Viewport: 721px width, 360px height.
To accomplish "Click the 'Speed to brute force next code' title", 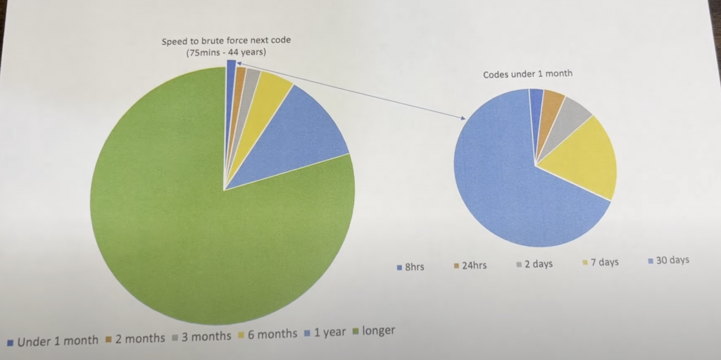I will pyautogui.click(x=226, y=40).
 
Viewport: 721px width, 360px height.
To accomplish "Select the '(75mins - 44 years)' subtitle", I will pyautogui.click(x=226, y=53).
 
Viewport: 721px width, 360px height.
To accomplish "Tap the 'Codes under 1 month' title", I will pyautogui.click(x=526, y=74).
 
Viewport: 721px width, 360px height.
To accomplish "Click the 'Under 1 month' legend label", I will pyautogui.click(x=58, y=341).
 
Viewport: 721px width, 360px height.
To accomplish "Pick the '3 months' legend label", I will pyautogui.click(x=206, y=336).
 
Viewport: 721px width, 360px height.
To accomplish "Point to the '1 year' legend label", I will pyautogui.click(x=330, y=332).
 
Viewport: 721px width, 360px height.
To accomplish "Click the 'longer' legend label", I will pyautogui.click(x=379, y=330).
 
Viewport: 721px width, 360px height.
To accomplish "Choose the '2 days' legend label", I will pyautogui.click(x=538, y=263).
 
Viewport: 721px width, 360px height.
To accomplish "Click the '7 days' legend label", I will pyautogui.click(x=604, y=262).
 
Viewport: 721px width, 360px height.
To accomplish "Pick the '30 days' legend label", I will pyautogui.click(x=672, y=260).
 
